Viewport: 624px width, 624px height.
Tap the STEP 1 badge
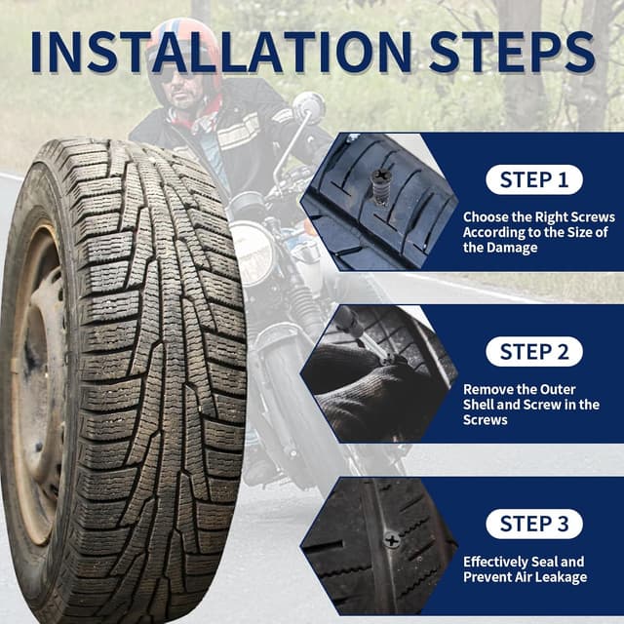533,179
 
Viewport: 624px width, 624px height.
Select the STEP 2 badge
533,352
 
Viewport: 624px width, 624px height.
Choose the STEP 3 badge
533,524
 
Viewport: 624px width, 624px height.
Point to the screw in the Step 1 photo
380,184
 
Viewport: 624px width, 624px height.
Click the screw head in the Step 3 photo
391,538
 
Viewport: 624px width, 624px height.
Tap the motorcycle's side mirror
309,106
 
